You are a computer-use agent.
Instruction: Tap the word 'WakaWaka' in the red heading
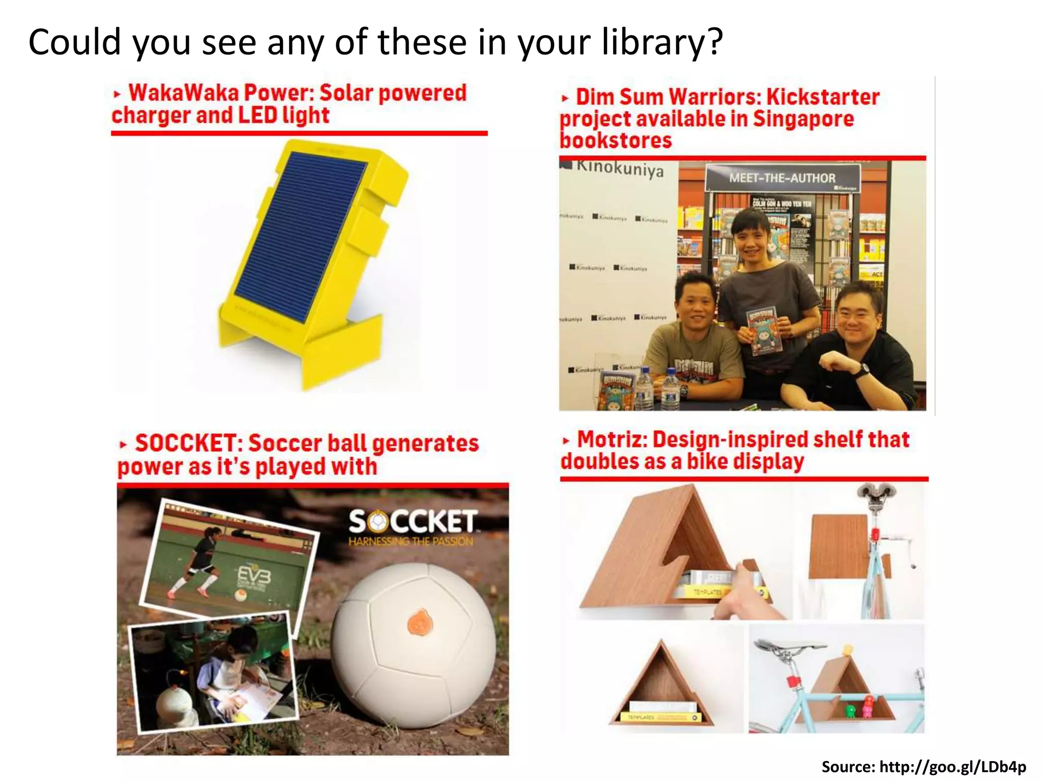click(x=184, y=93)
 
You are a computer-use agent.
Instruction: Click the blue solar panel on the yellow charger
click(x=300, y=234)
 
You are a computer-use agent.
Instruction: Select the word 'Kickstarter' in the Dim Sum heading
click(x=823, y=97)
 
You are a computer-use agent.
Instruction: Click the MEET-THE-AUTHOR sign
click(x=782, y=178)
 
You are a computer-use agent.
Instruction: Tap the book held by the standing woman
click(x=762, y=330)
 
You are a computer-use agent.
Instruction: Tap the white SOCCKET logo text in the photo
click(x=413, y=522)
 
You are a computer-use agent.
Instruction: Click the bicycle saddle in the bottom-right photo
click(x=778, y=649)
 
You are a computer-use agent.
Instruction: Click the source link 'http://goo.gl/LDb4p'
click(x=952, y=767)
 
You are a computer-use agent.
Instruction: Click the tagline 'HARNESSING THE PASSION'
click(x=411, y=541)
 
